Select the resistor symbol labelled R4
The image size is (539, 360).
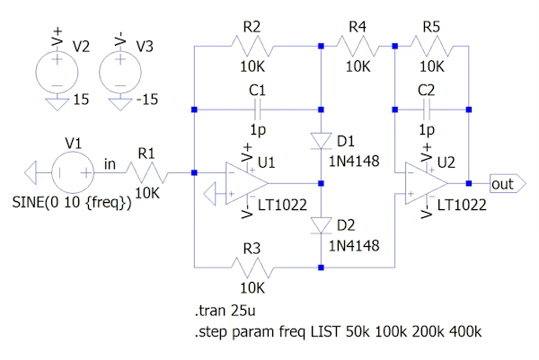(356, 43)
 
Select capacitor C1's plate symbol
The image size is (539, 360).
(259, 110)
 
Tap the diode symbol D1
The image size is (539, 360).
(322, 140)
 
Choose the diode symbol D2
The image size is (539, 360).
(322, 224)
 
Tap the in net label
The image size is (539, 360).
(110, 162)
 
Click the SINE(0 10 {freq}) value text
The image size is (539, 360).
(72, 203)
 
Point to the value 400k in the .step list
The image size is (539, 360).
(465, 332)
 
